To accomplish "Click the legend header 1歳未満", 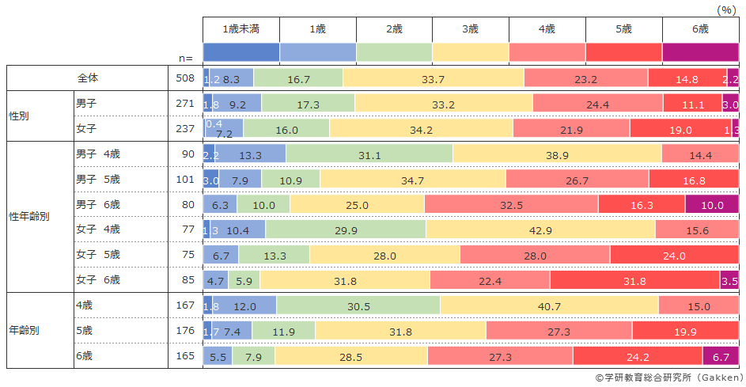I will tap(241, 28).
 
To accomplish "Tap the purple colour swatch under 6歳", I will tap(700, 52).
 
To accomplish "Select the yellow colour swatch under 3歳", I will tap(470, 52).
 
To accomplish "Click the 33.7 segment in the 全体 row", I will tap(433, 78).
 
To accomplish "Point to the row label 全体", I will tap(88, 78).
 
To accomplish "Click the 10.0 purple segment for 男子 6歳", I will tap(712, 204).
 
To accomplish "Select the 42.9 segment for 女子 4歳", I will tap(540, 230).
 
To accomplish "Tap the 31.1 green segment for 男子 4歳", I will tap(369, 154).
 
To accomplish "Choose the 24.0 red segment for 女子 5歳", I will tap(674, 255).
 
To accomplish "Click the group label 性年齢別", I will tap(29, 217).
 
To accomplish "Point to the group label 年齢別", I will tap(24, 331).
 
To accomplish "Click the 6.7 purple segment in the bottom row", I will tap(721, 356).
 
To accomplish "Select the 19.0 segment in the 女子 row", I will tap(680, 129).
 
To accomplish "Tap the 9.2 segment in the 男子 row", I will tap(237, 104).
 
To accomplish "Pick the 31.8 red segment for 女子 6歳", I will tap(634, 280).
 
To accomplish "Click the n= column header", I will tap(185, 57).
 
